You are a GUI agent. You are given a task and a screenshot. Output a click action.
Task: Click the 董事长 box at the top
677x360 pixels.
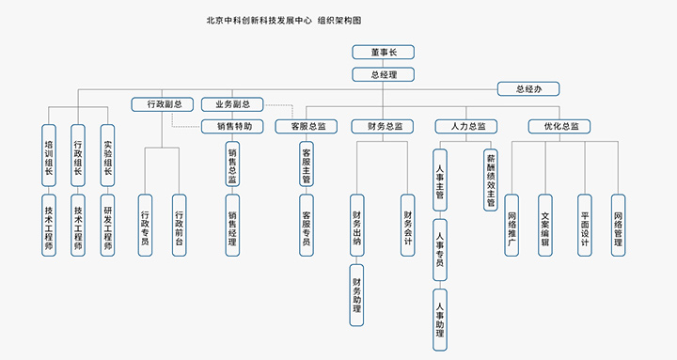(383, 53)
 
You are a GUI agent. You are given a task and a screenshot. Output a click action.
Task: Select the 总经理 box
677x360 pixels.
(383, 73)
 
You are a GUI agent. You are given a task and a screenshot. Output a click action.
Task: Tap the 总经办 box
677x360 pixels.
(529, 89)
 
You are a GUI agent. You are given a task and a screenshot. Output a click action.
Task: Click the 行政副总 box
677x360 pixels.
(163, 104)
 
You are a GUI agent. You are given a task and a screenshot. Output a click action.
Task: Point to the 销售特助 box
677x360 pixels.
(234, 126)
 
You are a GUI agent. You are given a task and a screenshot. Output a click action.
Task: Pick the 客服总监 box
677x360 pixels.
(307, 126)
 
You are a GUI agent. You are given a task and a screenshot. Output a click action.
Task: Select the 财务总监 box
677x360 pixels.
(383, 126)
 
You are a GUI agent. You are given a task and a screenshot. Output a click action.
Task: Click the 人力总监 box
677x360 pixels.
(467, 126)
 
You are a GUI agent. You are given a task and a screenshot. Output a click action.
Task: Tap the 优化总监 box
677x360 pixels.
(560, 126)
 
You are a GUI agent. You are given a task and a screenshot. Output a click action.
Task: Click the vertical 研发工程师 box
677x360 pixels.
(108, 226)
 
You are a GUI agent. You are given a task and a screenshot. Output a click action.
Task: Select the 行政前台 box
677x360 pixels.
(179, 226)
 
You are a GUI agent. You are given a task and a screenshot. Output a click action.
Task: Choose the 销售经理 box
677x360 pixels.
(232, 226)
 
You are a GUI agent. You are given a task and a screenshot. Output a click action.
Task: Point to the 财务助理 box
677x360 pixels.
(357, 294)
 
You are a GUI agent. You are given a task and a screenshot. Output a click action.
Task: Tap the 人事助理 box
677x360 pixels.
(439, 320)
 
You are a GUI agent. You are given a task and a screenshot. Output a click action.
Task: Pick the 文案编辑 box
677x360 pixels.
(544, 226)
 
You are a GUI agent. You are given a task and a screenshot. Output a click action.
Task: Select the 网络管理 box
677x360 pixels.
(618, 226)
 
